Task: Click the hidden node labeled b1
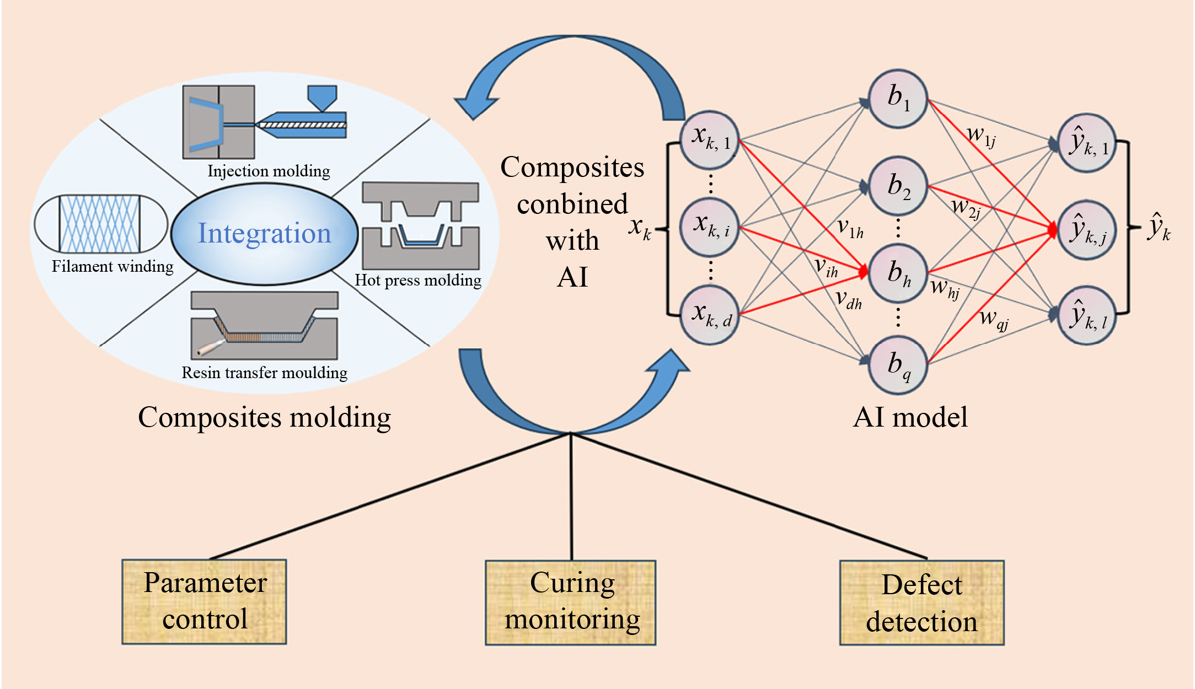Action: coord(897,99)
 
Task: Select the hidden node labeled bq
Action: coord(897,365)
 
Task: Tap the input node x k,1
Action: coord(709,140)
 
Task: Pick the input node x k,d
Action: coord(709,315)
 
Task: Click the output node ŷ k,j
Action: coord(1087,230)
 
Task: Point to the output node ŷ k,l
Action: coord(1087,315)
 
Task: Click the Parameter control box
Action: coord(204,601)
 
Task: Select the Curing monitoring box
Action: coord(571,602)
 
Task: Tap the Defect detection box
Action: coord(921,602)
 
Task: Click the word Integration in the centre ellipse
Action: coord(264,233)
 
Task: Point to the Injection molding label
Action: coord(269,171)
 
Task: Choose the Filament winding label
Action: coord(112,267)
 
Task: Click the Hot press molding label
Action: coord(418,281)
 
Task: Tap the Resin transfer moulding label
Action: coord(265,373)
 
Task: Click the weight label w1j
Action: coord(981,136)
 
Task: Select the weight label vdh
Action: coord(848,300)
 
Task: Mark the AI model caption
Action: coord(910,417)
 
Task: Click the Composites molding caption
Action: coord(265,417)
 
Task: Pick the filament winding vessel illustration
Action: coord(100,224)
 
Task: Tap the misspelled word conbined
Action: coord(572,204)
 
